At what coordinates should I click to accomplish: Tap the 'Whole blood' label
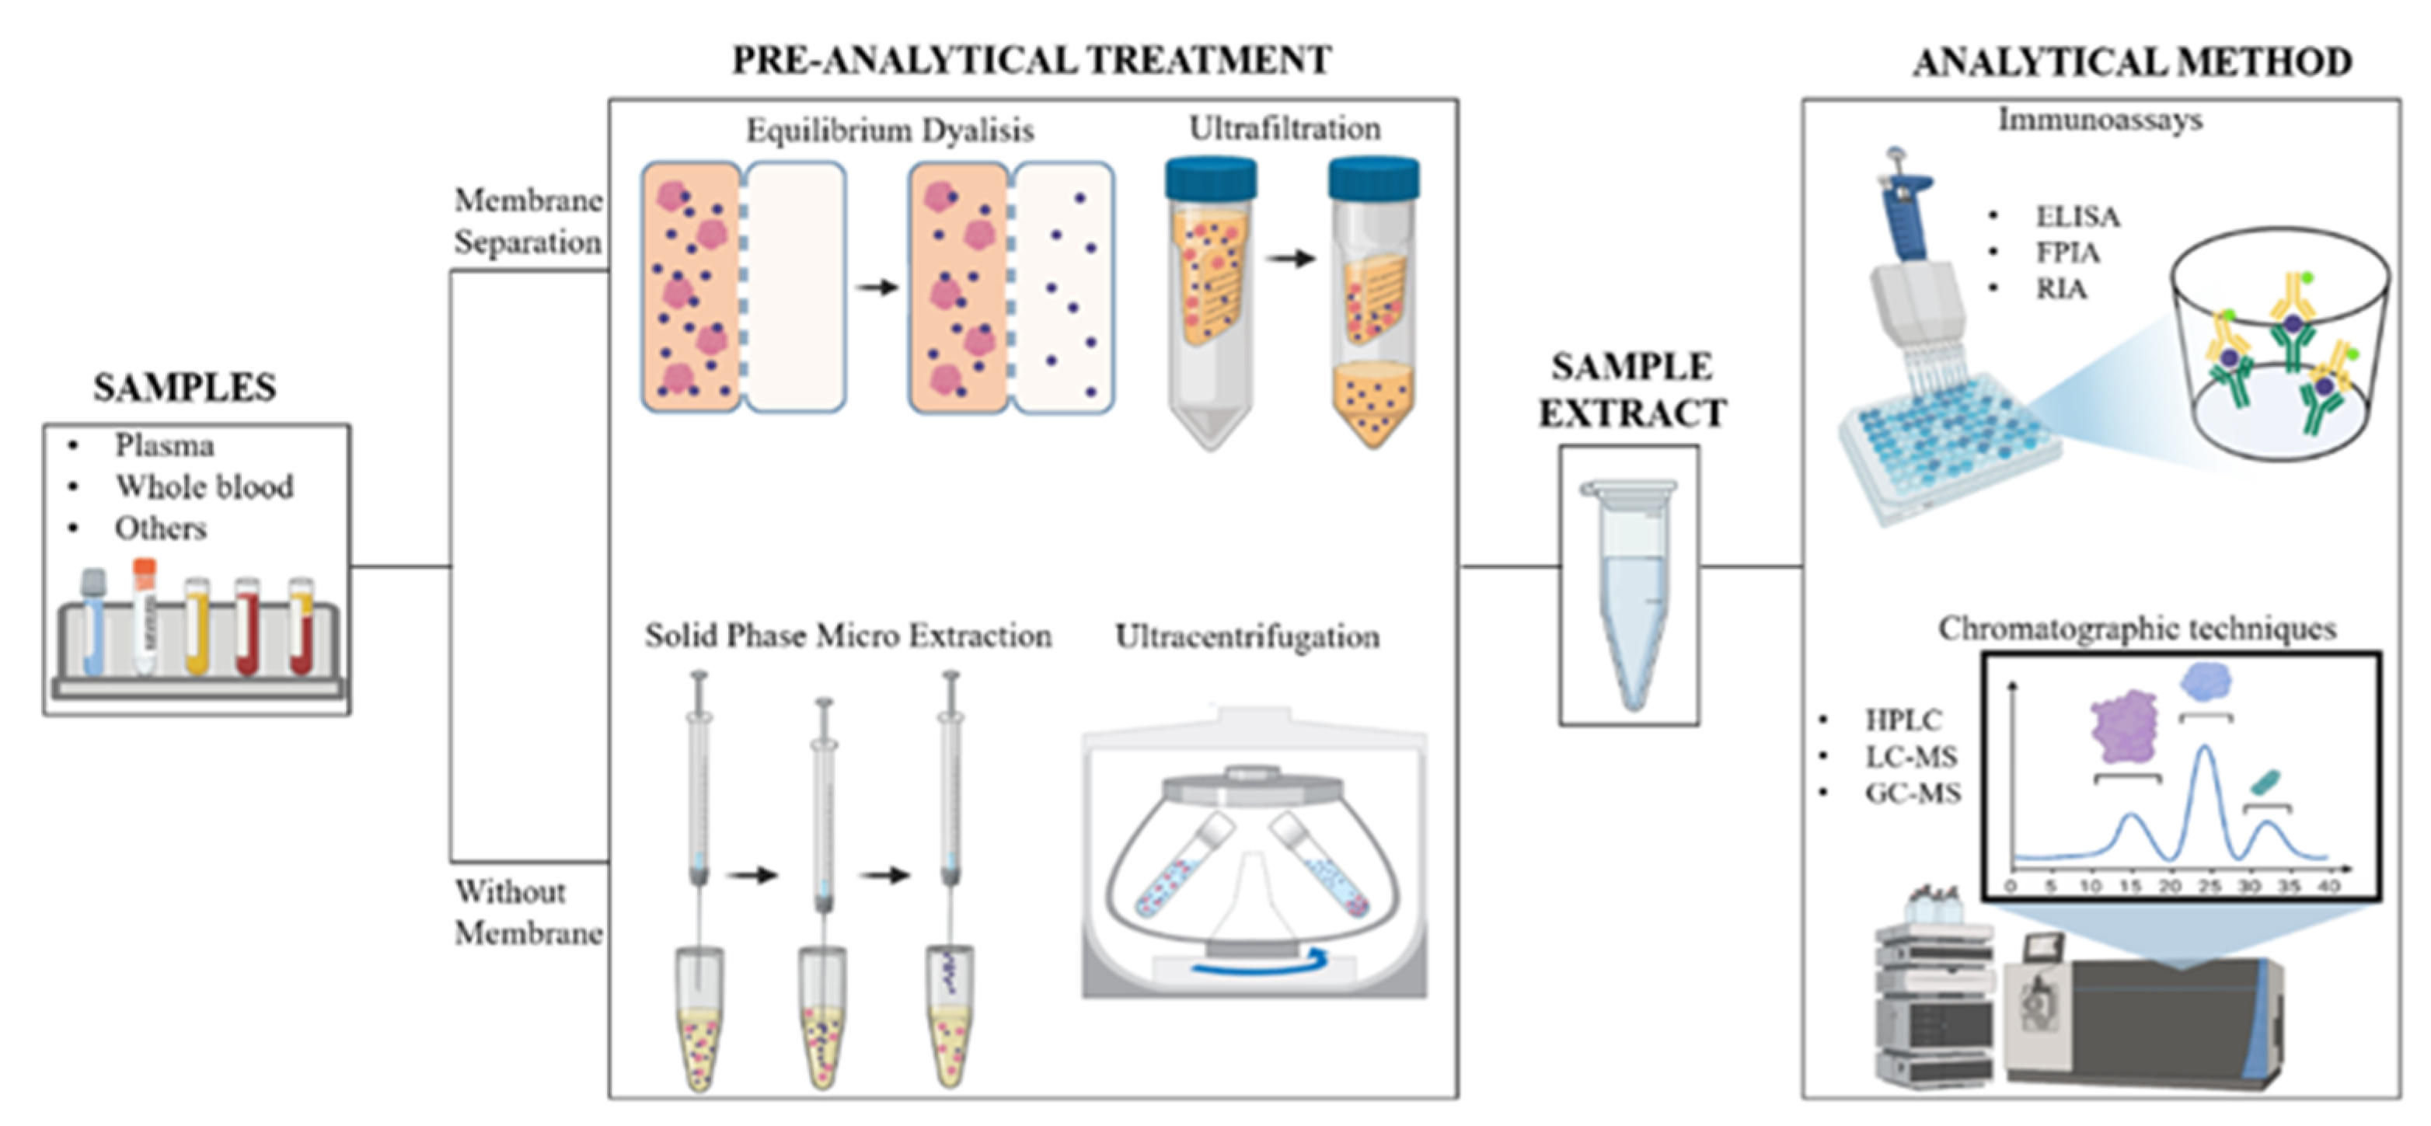(204, 486)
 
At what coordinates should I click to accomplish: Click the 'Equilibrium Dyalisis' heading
(890, 131)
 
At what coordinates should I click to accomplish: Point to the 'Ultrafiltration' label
(1285, 128)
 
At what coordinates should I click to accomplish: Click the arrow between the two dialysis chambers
(877, 287)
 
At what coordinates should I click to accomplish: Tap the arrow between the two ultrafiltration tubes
(1290, 258)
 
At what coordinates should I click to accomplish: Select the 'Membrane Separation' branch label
(528, 221)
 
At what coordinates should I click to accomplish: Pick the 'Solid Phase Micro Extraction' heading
(847, 636)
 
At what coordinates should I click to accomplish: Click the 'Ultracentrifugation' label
(1247, 637)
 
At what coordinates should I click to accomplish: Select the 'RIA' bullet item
(2060, 289)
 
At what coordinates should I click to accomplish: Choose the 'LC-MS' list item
(1911, 757)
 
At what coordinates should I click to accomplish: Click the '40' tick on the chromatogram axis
(2329, 886)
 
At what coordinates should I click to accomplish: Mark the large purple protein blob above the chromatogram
(2124, 727)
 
